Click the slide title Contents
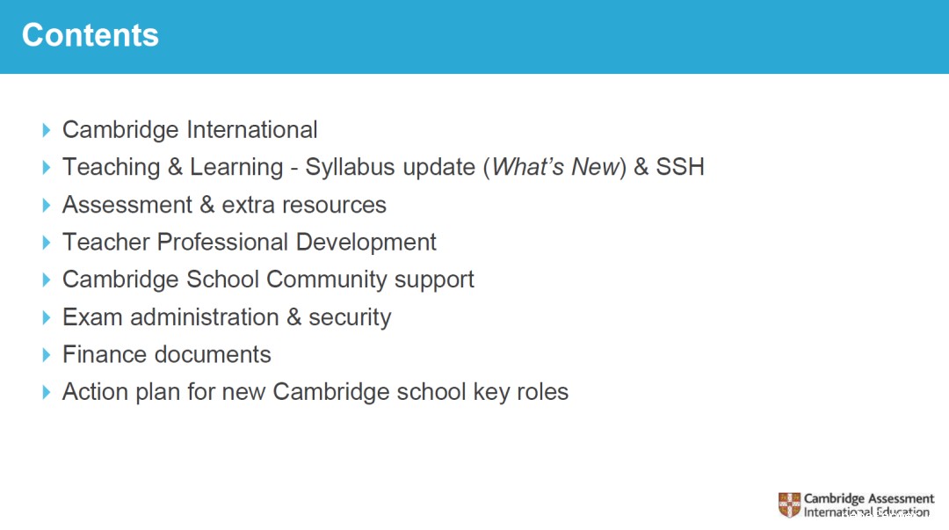(x=91, y=35)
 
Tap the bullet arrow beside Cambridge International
(x=47, y=129)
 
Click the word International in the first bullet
(x=252, y=129)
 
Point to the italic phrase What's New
(x=555, y=167)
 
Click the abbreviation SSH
(x=680, y=167)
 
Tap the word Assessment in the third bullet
(x=127, y=205)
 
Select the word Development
(x=366, y=243)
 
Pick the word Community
(x=327, y=280)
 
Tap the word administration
(x=205, y=317)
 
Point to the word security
(x=350, y=318)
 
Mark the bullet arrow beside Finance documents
(x=47, y=355)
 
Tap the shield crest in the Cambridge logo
(x=789, y=505)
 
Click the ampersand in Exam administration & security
(x=293, y=317)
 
